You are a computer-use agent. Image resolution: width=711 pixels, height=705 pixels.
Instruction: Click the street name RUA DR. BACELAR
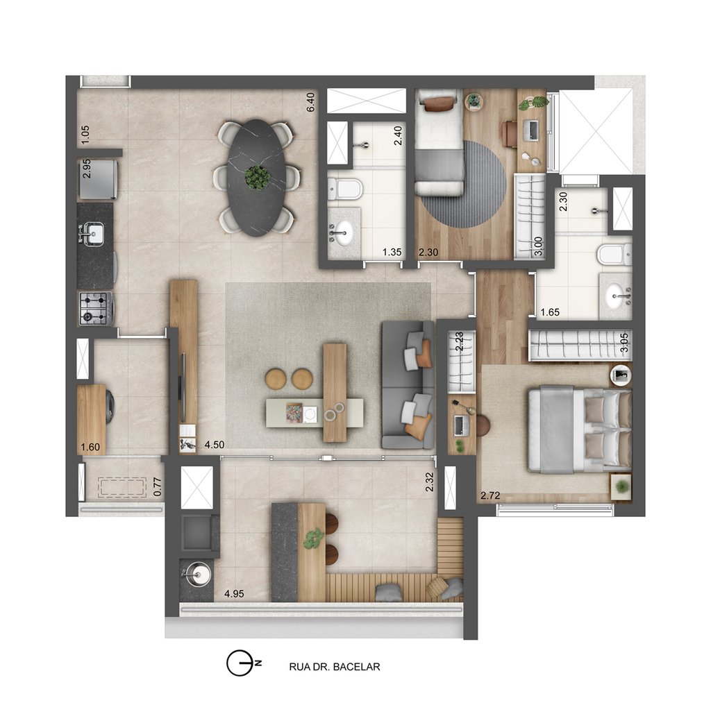pos(334,667)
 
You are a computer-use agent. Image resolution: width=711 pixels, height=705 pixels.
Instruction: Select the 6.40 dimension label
pos(311,102)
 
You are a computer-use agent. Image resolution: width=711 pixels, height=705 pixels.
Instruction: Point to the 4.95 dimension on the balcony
pos(234,594)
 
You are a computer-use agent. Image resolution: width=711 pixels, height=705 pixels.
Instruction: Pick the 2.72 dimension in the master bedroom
pos(491,495)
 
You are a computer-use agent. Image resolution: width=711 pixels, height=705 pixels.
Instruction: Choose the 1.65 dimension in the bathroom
pos(550,312)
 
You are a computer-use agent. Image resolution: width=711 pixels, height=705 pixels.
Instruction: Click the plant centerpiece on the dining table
pos(258,177)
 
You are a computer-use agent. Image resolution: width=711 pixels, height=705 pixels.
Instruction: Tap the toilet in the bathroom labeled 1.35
pos(344,187)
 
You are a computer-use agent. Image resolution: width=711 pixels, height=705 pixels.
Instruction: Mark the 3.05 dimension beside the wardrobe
pos(625,343)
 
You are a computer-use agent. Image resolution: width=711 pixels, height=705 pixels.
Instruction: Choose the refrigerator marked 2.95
pos(98,178)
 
